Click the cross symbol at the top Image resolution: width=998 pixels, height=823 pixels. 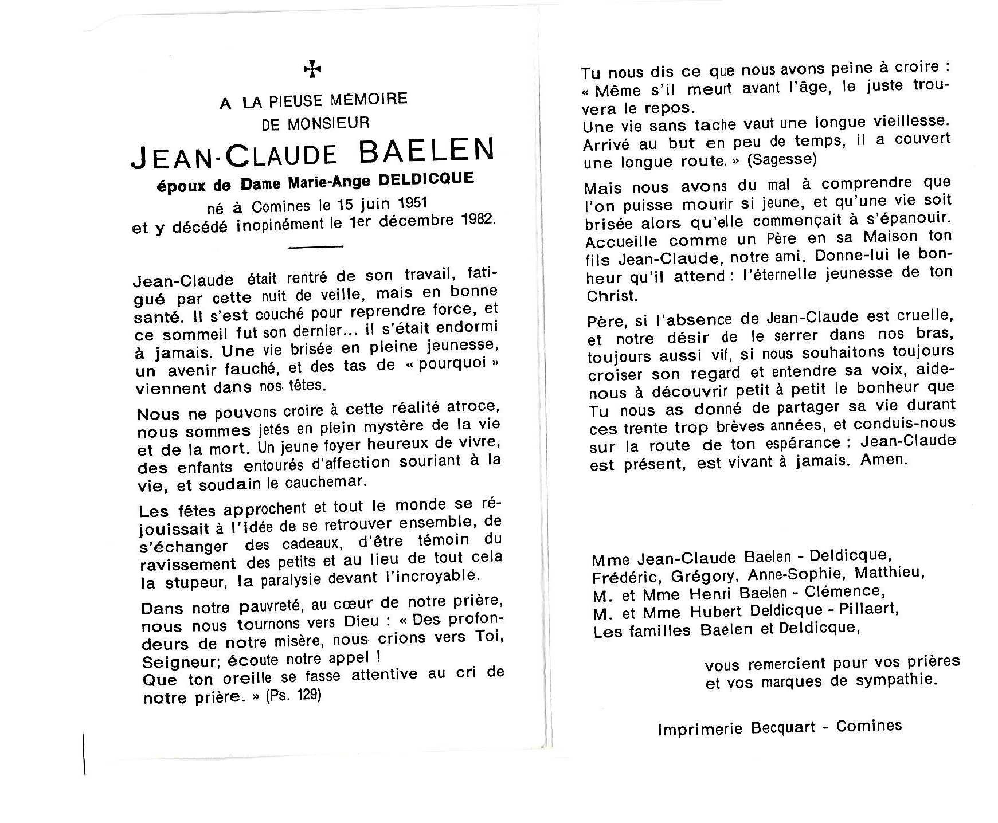pyautogui.click(x=312, y=70)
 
